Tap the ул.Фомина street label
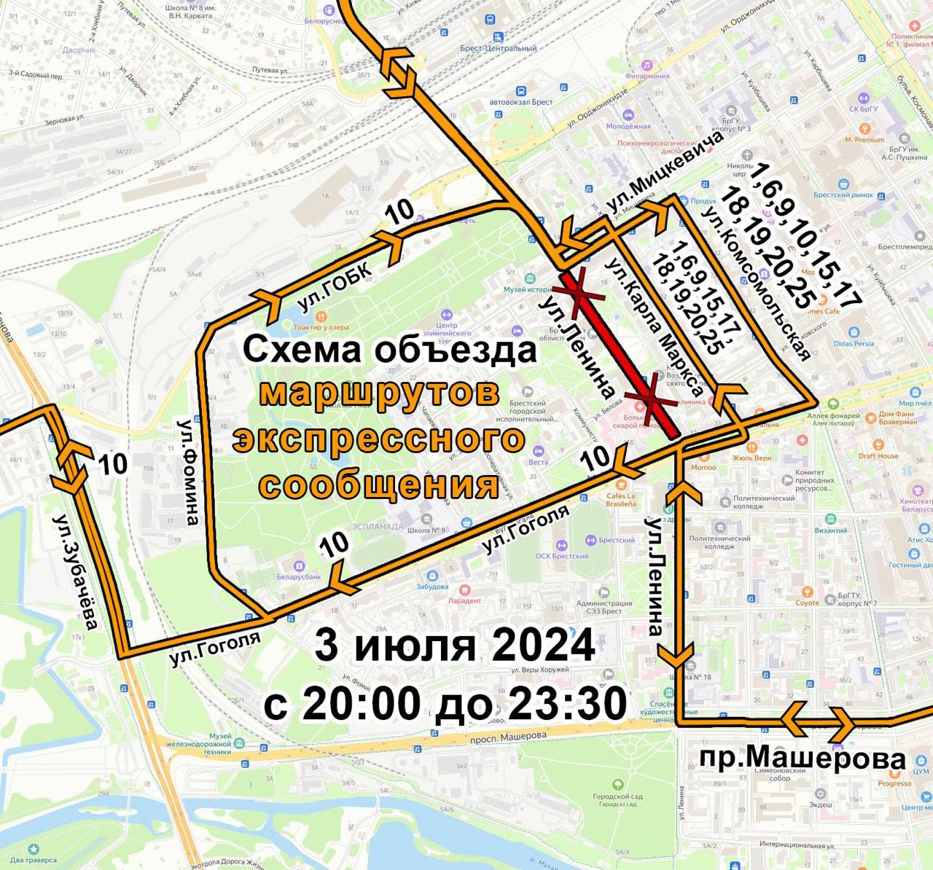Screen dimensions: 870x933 click(x=189, y=471)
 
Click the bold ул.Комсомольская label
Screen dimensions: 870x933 click(x=758, y=284)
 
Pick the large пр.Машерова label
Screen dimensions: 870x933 click(x=802, y=758)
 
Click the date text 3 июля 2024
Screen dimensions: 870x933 click(x=455, y=646)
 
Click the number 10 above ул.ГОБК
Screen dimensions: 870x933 click(x=399, y=212)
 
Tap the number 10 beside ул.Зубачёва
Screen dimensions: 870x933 click(x=112, y=463)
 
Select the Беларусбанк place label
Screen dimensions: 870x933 click(x=299, y=576)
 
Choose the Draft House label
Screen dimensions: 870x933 click(x=878, y=456)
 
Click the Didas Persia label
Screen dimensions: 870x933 click(x=854, y=343)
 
